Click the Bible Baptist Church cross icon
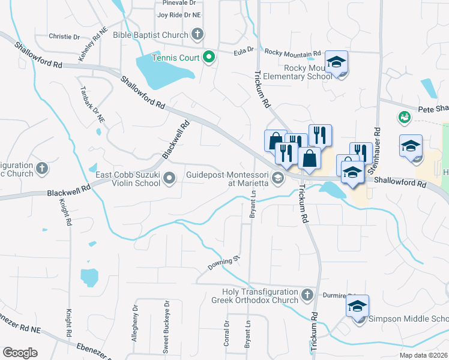pos(196,34)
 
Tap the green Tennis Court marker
pos(209,58)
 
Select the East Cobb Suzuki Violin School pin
pos(169,178)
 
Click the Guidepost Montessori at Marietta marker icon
pos(278,177)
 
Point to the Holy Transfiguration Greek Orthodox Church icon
pos(307,295)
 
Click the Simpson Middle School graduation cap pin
pos(357,306)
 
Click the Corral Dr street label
pos(226,332)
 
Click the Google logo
pos(20,352)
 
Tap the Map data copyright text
pos(423,355)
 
